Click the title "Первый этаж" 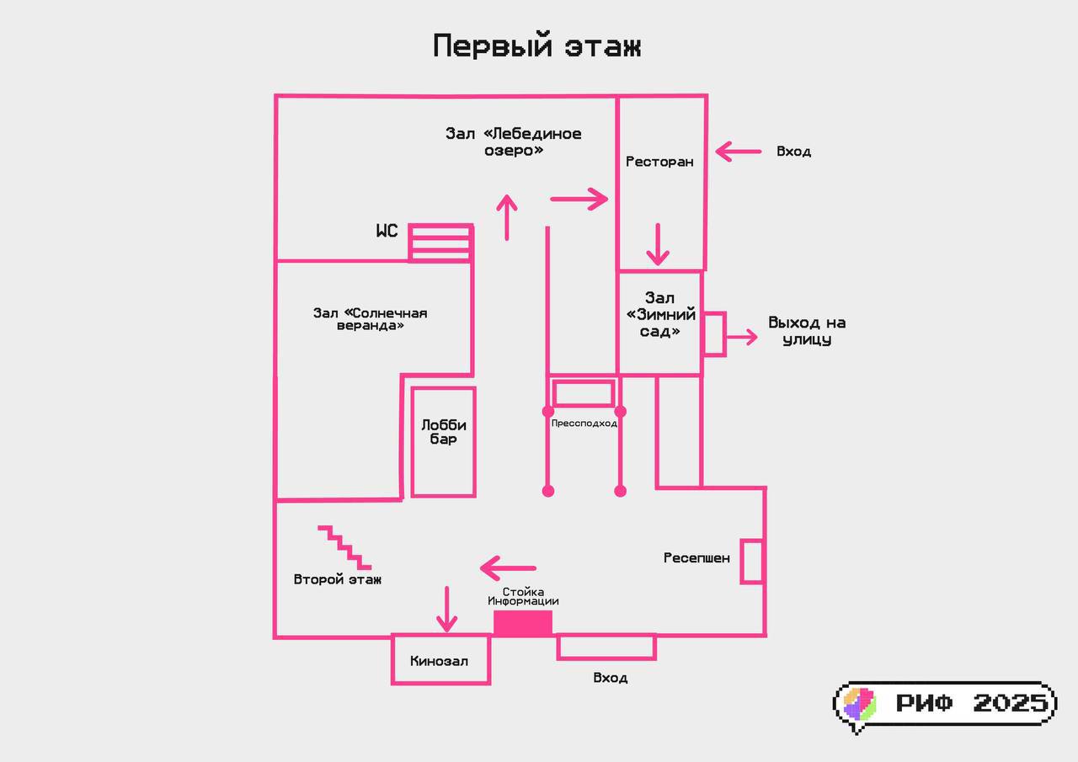[x=537, y=46]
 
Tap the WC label [x=387, y=231]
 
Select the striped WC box [x=440, y=242]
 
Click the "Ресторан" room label [x=659, y=161]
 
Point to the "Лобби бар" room [x=443, y=441]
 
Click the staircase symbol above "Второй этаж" [x=344, y=546]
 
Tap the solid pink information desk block [x=523, y=623]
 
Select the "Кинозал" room [x=440, y=660]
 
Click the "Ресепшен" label [x=696, y=558]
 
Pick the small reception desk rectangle [x=751, y=561]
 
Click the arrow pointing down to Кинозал [x=446, y=610]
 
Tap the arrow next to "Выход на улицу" [x=742, y=338]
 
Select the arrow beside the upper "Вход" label [x=738, y=152]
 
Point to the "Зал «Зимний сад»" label [x=661, y=315]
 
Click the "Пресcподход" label [x=584, y=424]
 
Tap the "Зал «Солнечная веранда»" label [x=371, y=319]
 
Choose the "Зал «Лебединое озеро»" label [x=513, y=141]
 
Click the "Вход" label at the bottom [x=610, y=678]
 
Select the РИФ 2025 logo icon [x=860, y=704]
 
